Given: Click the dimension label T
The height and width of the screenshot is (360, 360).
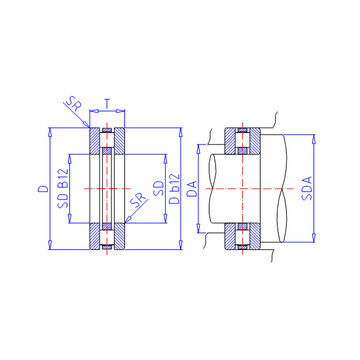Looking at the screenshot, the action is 107,103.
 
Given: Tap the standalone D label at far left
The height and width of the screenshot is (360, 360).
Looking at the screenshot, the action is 43,189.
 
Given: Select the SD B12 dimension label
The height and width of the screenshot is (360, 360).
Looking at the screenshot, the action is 63,189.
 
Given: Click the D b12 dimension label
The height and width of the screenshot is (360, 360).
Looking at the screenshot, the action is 174,189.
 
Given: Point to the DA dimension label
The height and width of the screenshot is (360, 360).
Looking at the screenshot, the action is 192,189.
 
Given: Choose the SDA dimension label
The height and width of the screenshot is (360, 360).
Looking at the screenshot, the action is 307,189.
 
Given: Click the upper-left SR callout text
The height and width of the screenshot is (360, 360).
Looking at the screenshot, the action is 74,103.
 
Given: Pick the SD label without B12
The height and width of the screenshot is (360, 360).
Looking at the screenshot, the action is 158,189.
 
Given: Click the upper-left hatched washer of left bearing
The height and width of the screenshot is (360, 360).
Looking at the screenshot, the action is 95,141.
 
